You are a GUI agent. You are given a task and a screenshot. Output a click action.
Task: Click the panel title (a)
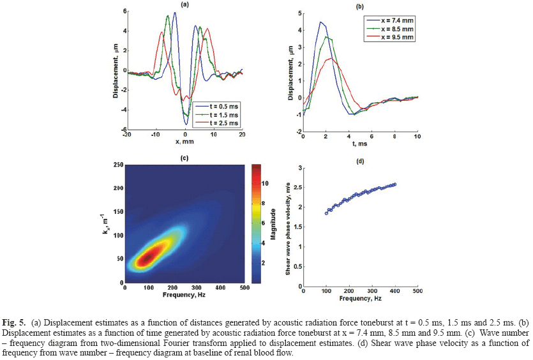click(185, 4)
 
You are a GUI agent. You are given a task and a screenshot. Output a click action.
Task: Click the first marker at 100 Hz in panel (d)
click(326, 213)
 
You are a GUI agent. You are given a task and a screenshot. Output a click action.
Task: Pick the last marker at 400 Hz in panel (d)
click(394, 184)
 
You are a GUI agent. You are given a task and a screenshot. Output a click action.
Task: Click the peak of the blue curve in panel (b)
click(321, 22)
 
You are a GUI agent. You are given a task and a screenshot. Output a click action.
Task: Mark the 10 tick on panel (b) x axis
click(417, 136)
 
